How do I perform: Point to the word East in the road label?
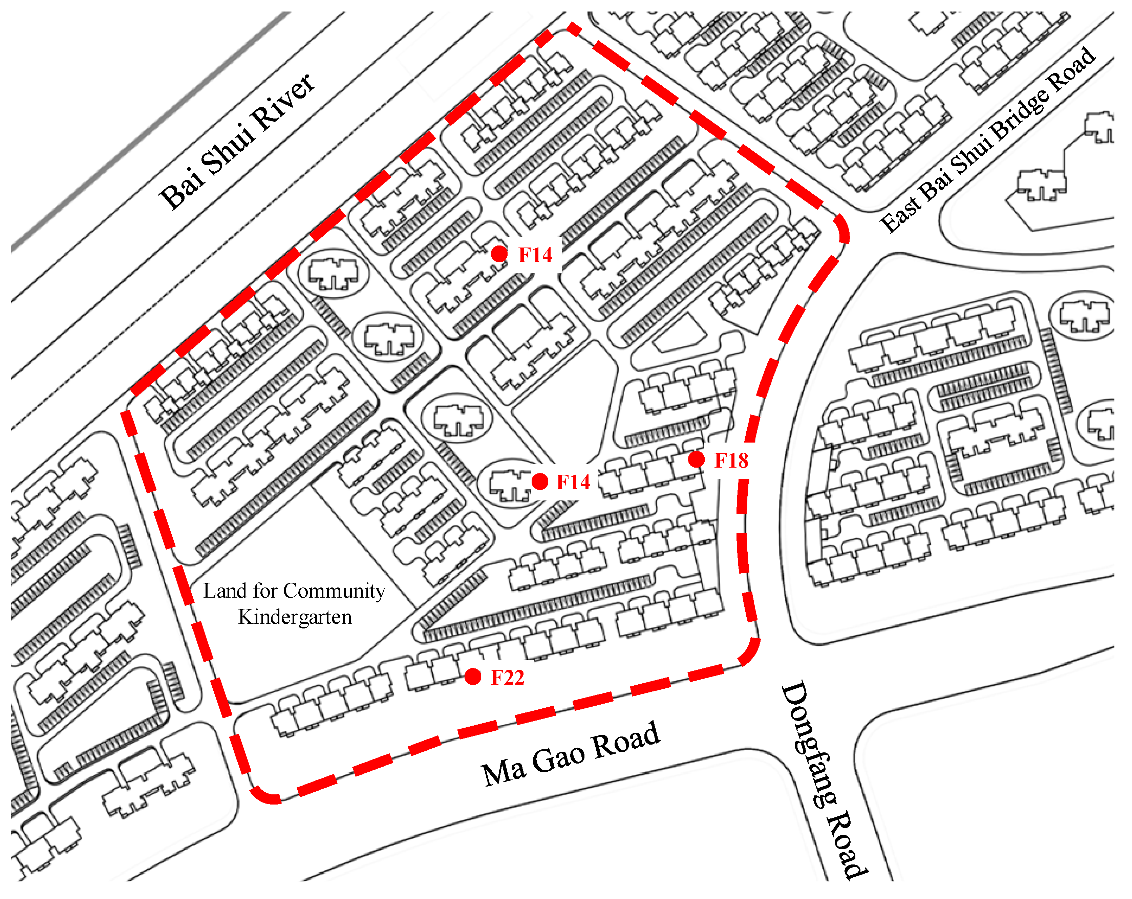[x=899, y=213]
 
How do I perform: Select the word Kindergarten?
[x=295, y=617]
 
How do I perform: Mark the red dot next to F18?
[x=696, y=459]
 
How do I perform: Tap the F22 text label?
[x=507, y=678]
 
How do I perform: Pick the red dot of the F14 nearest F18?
[x=540, y=481]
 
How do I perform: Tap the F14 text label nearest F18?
[x=573, y=482]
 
